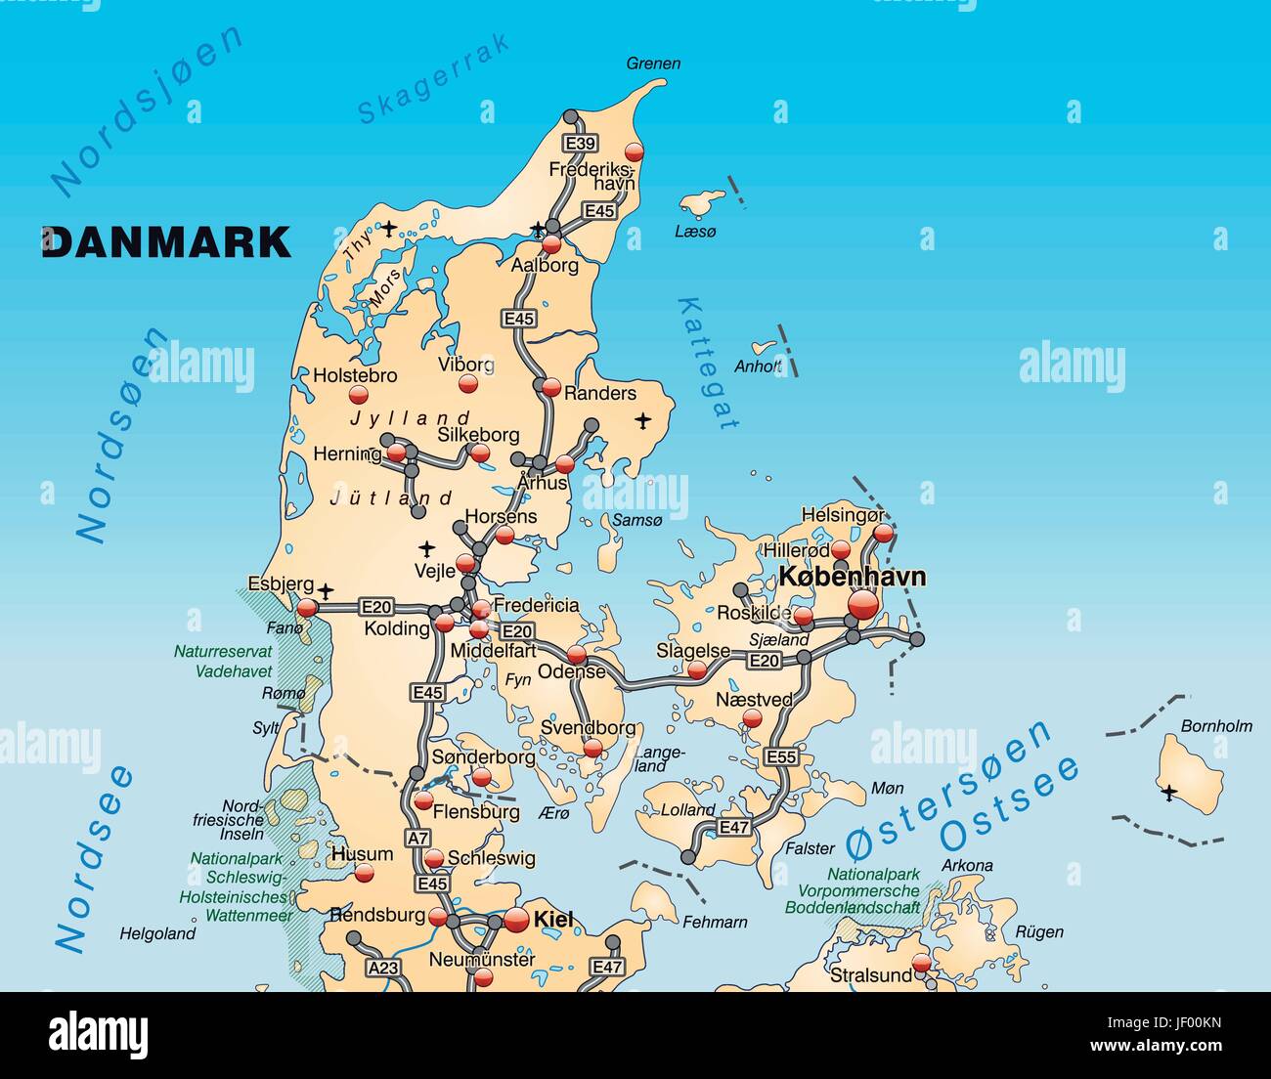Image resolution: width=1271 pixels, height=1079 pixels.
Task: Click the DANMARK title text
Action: tap(166, 241)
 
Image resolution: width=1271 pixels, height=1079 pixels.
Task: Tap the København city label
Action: tap(852, 577)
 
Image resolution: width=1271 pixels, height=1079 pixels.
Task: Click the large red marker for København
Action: tap(863, 605)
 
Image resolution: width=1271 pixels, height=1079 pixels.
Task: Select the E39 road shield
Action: tap(581, 144)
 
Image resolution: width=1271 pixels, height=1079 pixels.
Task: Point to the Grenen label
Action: tap(653, 64)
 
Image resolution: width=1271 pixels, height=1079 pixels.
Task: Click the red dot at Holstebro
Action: tap(358, 395)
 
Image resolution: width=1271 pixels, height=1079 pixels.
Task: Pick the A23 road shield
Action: tap(383, 967)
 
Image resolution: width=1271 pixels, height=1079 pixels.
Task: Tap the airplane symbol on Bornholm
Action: tap(1168, 792)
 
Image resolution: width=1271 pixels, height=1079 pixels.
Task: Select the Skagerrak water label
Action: tap(433, 79)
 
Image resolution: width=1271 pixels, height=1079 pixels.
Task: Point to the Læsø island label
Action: tap(695, 232)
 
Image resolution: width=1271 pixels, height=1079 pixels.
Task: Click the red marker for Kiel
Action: tap(516, 920)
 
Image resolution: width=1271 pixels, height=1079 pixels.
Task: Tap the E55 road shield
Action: tap(781, 756)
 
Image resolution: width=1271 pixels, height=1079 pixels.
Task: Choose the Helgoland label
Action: tap(157, 933)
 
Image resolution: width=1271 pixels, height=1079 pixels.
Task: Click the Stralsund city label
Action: tap(870, 974)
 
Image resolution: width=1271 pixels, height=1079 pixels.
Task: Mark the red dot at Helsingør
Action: tap(883, 533)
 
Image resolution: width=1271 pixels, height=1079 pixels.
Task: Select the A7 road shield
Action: tap(417, 838)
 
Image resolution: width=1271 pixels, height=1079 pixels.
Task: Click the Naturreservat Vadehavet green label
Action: tap(223, 661)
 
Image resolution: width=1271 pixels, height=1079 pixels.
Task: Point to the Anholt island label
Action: tap(758, 367)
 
